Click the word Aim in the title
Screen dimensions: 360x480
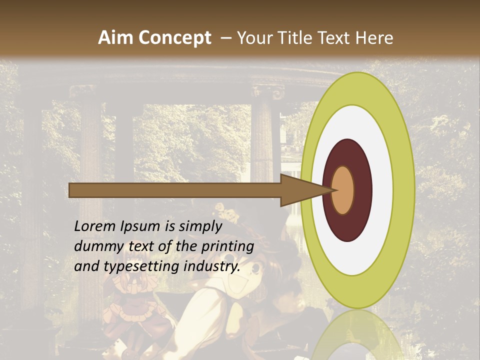(115, 38)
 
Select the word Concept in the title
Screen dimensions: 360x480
(174, 38)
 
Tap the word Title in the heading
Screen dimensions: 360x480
(295, 38)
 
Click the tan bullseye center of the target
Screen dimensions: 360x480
(343, 190)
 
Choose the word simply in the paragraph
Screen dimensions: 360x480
(200, 226)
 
